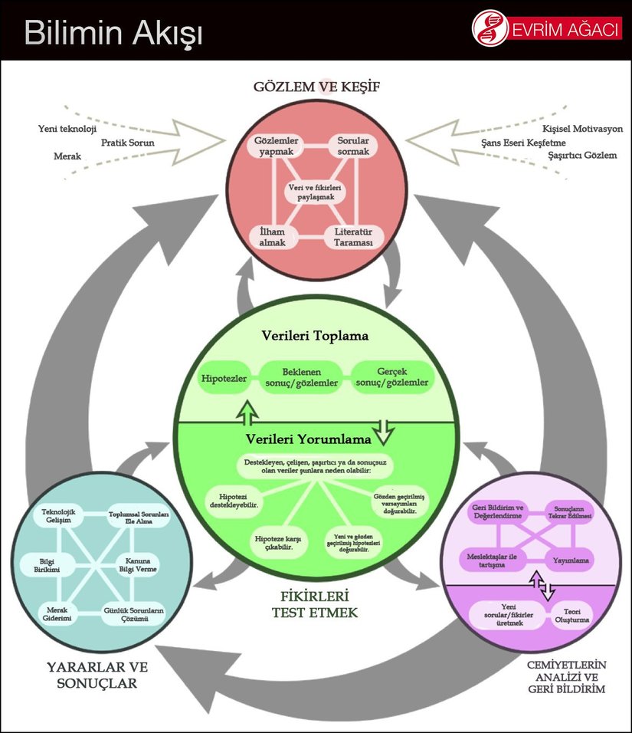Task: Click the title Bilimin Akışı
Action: [x=113, y=34]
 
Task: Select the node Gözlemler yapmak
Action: [x=277, y=146]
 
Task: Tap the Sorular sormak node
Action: [x=353, y=146]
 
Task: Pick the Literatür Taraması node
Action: [x=353, y=236]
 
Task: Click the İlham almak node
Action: [x=272, y=236]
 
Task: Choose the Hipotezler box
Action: [x=222, y=379]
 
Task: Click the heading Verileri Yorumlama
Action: [x=308, y=439]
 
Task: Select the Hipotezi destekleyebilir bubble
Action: [x=233, y=501]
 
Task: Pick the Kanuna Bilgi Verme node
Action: [x=138, y=566]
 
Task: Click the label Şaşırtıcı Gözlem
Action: [x=582, y=156]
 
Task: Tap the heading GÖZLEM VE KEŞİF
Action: [x=316, y=86]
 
